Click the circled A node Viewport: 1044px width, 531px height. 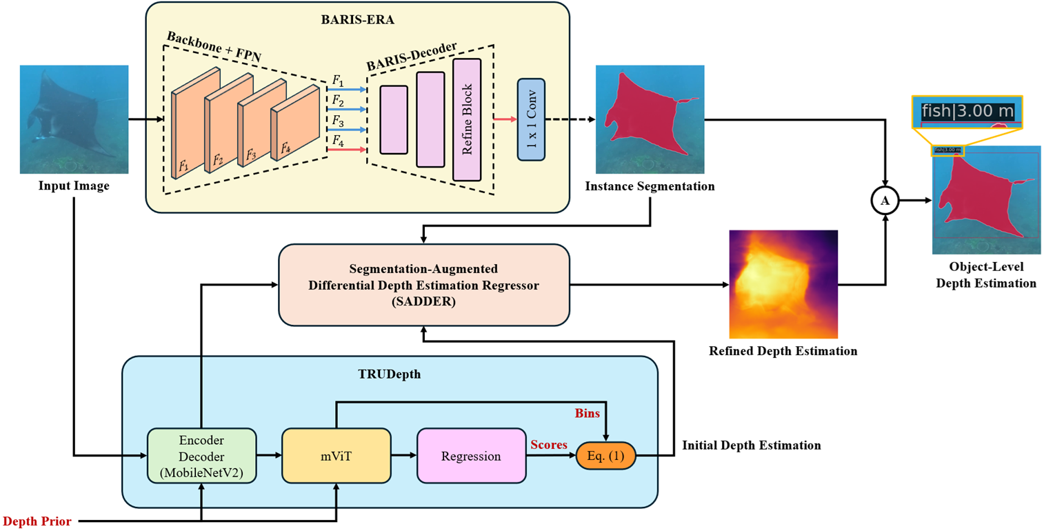[x=885, y=201]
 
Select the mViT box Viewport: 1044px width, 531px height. [x=336, y=455]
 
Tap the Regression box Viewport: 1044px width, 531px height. [x=470, y=455]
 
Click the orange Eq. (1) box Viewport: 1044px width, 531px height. [x=605, y=455]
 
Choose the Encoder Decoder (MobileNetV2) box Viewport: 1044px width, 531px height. [x=201, y=455]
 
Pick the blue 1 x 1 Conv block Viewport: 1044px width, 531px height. [x=531, y=121]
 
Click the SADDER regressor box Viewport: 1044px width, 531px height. [x=423, y=285]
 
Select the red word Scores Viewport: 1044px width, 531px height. [x=549, y=446]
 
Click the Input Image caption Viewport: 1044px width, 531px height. [x=74, y=186]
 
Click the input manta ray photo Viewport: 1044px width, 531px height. [x=74, y=119]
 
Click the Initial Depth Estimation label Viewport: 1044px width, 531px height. [x=752, y=445]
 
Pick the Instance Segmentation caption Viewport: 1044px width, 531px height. [x=650, y=186]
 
